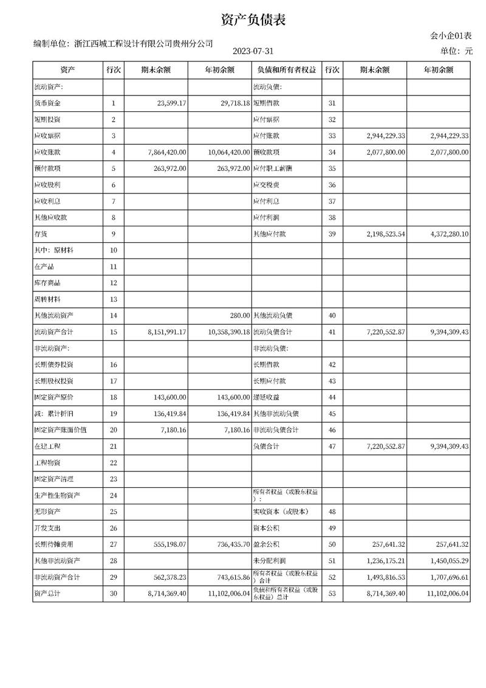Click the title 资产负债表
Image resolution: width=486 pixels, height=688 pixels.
click(x=253, y=20)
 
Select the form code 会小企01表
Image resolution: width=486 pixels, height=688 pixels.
click(x=451, y=36)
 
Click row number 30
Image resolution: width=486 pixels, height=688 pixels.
click(x=114, y=593)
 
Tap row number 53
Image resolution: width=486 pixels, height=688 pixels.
click(x=332, y=593)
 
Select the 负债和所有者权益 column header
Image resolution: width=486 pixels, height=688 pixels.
click(x=286, y=70)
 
